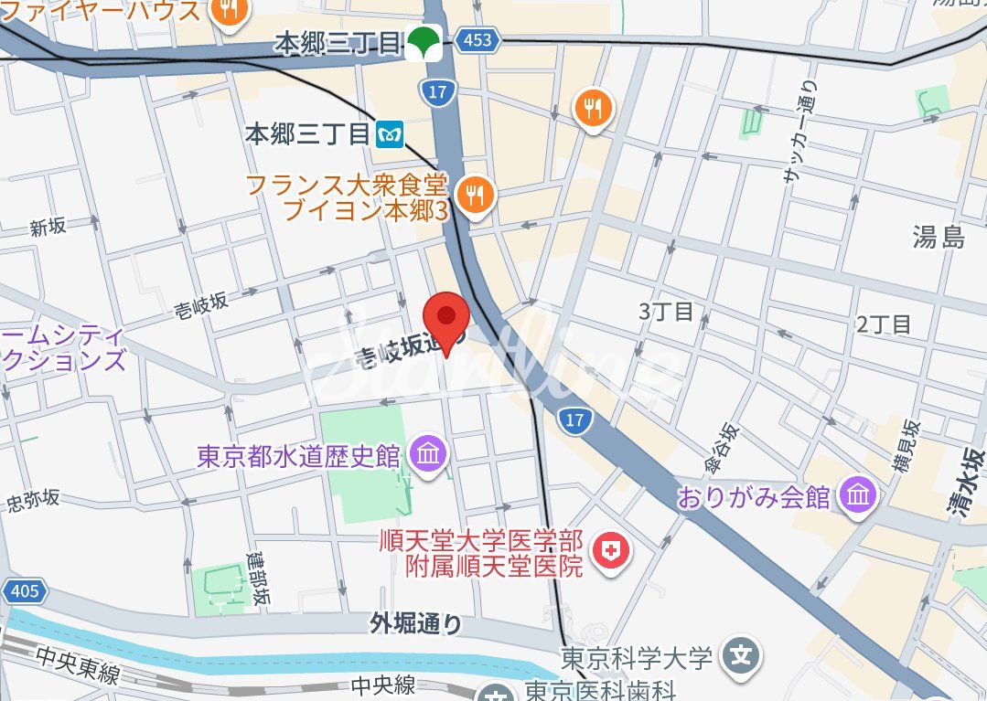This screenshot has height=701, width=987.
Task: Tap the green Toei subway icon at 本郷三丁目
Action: pyautogui.click(x=424, y=42)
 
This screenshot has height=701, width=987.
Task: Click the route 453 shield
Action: pyautogui.click(x=477, y=39)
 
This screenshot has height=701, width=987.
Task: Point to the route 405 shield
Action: pyautogui.click(x=25, y=591)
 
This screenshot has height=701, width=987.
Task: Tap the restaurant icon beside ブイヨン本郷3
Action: pyautogui.click(x=475, y=194)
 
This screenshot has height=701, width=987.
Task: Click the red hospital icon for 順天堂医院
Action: pyautogui.click(x=606, y=550)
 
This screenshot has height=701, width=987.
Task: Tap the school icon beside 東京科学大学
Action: pyautogui.click(x=743, y=656)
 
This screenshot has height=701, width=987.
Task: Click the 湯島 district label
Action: pyautogui.click(x=939, y=239)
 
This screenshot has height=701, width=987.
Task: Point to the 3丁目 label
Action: pyautogui.click(x=666, y=312)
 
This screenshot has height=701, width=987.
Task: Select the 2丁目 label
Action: pyautogui.click(x=884, y=324)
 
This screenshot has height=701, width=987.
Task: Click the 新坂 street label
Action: pyautogui.click(x=48, y=228)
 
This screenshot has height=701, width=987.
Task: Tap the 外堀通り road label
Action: pyautogui.click(x=416, y=623)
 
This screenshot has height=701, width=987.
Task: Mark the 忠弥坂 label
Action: pyautogui.click(x=33, y=500)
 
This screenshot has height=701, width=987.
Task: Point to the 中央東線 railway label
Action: pyautogui.click(x=79, y=674)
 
